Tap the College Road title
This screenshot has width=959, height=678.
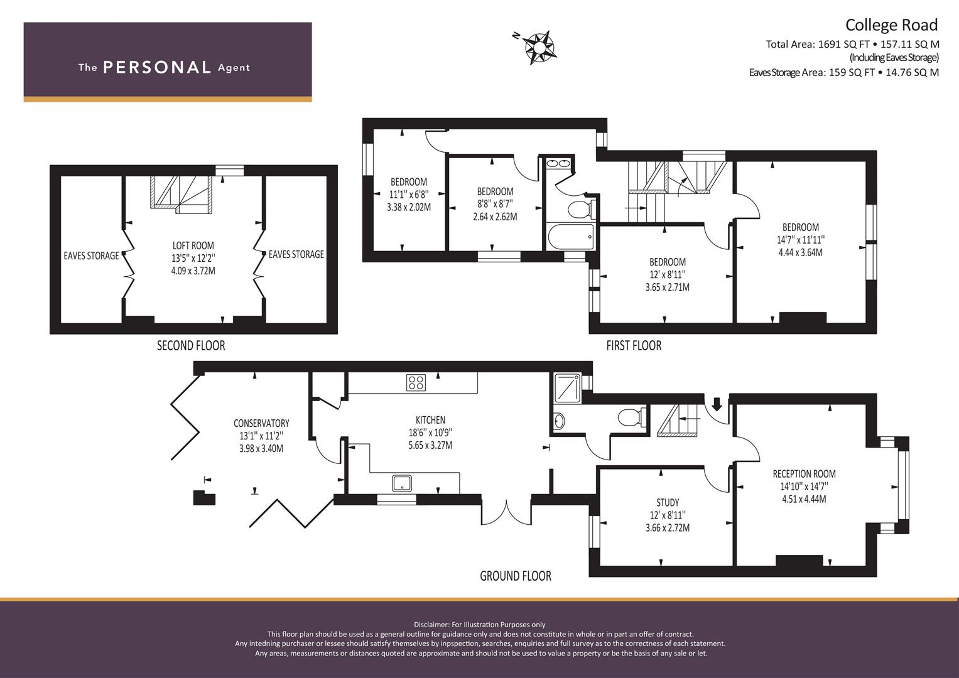point(891,25)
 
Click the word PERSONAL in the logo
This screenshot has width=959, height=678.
point(157,67)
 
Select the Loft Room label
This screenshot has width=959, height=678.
point(193,245)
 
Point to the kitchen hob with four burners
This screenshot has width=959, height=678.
point(416,383)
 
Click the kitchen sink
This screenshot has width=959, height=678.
point(401,483)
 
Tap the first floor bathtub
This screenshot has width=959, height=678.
point(571,237)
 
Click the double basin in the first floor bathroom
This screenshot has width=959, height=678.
point(558,163)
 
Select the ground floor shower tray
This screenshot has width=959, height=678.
point(567,388)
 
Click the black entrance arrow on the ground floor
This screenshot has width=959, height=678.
point(717,403)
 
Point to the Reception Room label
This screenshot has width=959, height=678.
point(804,474)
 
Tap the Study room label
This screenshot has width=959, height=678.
point(668,502)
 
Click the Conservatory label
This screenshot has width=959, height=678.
point(261,423)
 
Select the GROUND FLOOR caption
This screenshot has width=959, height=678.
point(516,576)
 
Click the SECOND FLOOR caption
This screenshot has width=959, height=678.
point(190,345)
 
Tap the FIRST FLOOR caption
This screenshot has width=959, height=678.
point(634,345)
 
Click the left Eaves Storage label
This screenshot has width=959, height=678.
point(91,256)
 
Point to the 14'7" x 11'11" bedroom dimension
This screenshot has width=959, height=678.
point(801,240)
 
